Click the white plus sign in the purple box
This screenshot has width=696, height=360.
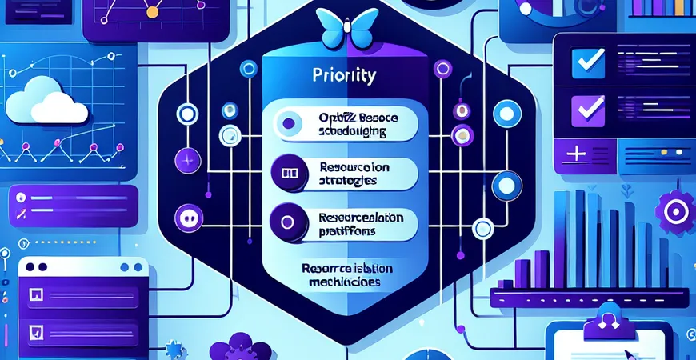(575, 153)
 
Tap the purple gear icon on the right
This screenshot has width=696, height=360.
(673, 210)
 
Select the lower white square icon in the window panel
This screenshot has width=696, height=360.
(35, 329)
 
